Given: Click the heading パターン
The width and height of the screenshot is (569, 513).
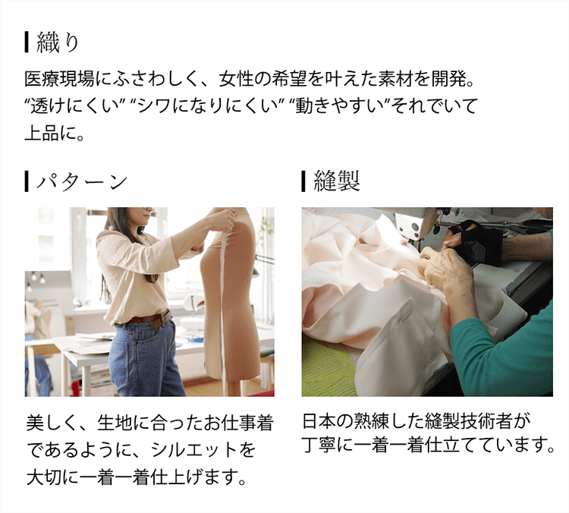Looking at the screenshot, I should [x=84, y=181].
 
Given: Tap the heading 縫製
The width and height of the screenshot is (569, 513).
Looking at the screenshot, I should [x=336, y=181].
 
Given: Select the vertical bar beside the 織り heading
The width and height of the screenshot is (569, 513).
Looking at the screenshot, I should [x=27, y=42].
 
